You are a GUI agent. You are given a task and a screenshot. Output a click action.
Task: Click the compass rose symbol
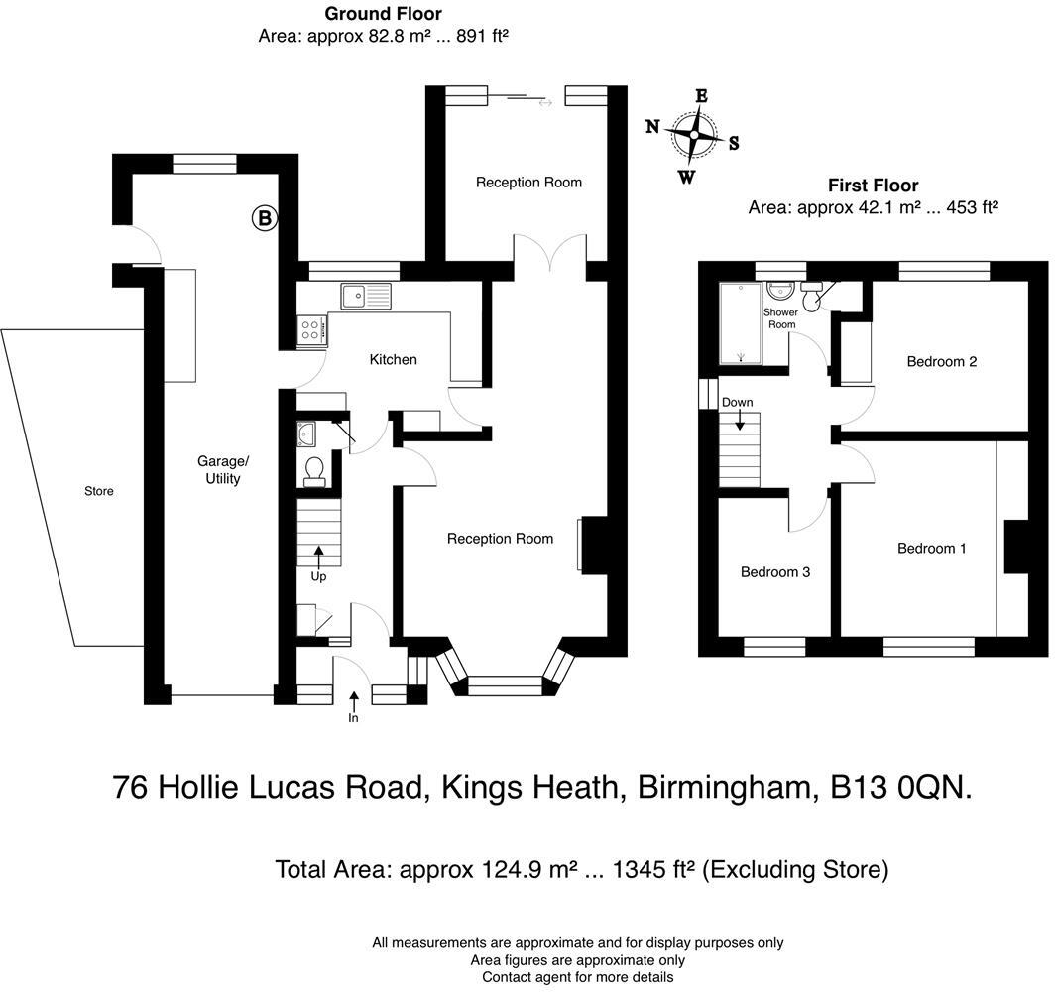click(x=693, y=136)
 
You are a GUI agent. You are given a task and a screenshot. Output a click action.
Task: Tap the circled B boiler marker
click(x=265, y=218)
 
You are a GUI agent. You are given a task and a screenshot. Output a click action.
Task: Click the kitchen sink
click(x=365, y=296)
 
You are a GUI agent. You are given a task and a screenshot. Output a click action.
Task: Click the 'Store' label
click(x=98, y=491)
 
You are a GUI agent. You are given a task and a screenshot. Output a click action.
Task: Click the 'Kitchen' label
click(x=393, y=359)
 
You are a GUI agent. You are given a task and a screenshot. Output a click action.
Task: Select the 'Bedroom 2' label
click(x=941, y=361)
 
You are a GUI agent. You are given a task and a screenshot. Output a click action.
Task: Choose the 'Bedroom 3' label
click(x=775, y=572)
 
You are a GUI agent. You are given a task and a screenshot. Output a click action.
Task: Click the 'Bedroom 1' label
click(x=931, y=548)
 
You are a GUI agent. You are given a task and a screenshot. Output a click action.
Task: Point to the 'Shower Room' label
click(x=780, y=318)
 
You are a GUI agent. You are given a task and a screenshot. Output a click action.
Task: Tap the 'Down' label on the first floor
click(x=737, y=403)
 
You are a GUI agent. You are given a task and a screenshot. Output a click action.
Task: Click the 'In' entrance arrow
click(x=353, y=703)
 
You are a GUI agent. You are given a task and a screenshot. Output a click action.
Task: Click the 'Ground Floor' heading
click(x=383, y=14)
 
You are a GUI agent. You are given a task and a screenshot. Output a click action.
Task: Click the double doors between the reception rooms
click(x=549, y=253)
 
